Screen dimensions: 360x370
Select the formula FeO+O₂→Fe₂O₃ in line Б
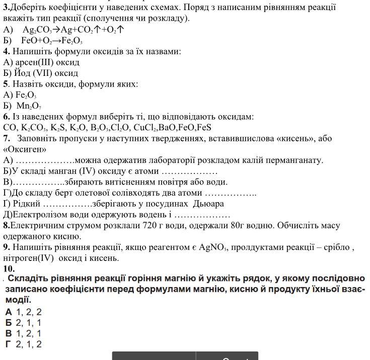coord(51,40)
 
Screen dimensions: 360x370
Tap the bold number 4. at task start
coord(7,51)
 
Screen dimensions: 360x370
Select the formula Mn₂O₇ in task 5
coord(29,106)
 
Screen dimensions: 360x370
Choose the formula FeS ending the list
coord(203,127)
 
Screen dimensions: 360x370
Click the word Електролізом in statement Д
coord(38,215)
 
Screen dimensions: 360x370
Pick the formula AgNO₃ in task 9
coord(213,247)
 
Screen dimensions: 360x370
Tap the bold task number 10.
coord(9,269)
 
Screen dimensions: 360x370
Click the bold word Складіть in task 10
coord(31,279)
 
